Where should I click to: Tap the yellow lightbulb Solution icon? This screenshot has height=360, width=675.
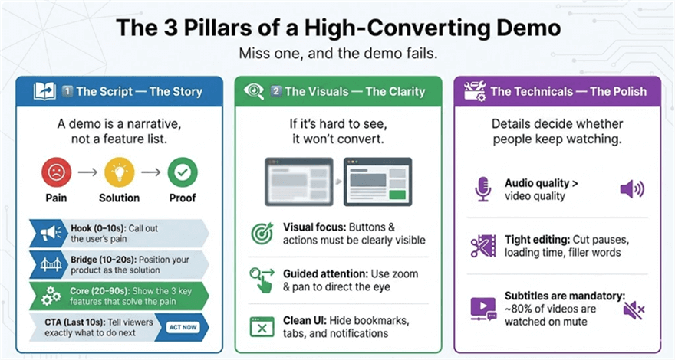118,172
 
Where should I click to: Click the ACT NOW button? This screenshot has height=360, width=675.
183,326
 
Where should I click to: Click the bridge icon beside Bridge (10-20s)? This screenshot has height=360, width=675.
45,263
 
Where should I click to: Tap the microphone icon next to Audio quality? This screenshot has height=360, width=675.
482,190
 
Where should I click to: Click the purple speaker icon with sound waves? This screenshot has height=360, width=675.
631,190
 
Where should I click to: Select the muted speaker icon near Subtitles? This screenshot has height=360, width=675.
633,309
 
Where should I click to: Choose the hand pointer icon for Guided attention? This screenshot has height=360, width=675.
262,280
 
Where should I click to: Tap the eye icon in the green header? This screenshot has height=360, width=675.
253,91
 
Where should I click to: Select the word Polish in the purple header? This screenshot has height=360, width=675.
625,91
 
